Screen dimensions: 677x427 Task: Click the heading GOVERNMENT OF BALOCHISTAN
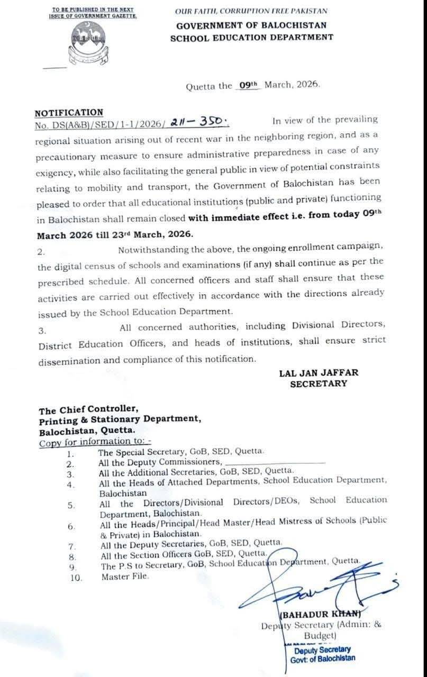pyautogui.click(x=251, y=25)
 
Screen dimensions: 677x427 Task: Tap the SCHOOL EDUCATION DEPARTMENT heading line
pyautogui.click(x=251, y=38)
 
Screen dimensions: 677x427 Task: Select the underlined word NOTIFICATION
pyautogui.click(x=69, y=112)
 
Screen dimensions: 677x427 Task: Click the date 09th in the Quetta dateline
pyautogui.click(x=247, y=85)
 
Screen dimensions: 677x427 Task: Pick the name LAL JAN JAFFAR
pyautogui.click(x=319, y=373)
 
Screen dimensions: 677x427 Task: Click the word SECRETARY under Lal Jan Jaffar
pyautogui.click(x=319, y=384)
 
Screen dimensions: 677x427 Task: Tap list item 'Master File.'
pyautogui.click(x=125, y=576)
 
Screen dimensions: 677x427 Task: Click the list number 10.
pyautogui.click(x=76, y=578)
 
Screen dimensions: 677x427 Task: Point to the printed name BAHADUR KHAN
pyautogui.click(x=321, y=614)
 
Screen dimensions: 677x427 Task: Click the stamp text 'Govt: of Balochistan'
pyautogui.click(x=323, y=658)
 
